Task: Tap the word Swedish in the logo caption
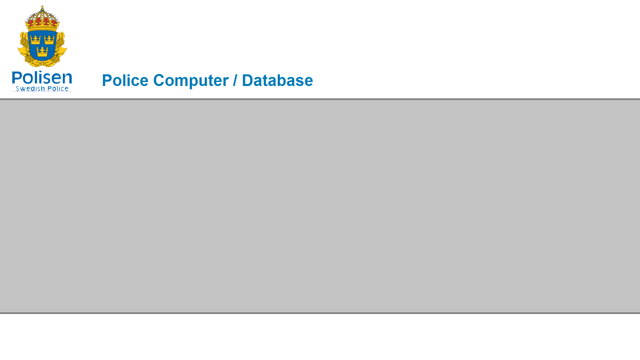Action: coord(30,89)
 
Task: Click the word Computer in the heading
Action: coord(191,81)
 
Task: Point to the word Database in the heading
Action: coord(277,80)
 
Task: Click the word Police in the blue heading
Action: coord(125,80)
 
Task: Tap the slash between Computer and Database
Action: coord(235,80)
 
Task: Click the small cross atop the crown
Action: coord(42,7)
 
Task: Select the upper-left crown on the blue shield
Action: coord(35,40)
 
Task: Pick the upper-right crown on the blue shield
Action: coord(49,40)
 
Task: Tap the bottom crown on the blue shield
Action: coord(42,51)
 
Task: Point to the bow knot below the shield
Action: coord(42,62)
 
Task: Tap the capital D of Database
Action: coord(248,80)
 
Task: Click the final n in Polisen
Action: coord(67,79)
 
